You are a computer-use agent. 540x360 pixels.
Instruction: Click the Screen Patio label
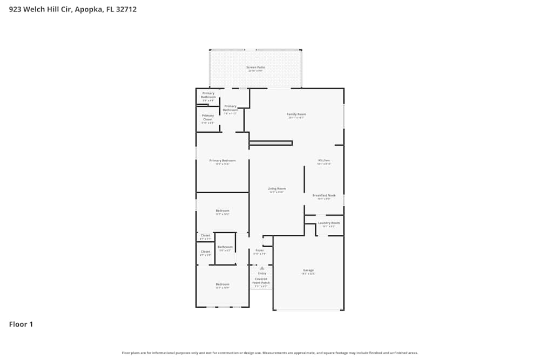(x=255, y=67)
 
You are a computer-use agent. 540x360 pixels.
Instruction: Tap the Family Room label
(x=296, y=114)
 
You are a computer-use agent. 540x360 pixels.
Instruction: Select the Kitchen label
(x=323, y=160)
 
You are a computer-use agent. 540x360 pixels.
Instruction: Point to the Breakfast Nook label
(x=324, y=195)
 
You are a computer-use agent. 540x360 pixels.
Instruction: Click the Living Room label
(x=276, y=188)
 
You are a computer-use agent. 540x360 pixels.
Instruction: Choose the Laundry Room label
(x=328, y=223)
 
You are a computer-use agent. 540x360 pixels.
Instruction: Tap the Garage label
(x=308, y=270)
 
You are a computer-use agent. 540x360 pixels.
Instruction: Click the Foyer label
(x=260, y=250)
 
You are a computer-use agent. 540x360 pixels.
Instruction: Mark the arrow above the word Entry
(x=262, y=268)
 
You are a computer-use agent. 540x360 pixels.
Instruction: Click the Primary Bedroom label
(x=222, y=160)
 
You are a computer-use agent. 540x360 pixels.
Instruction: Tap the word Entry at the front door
(x=262, y=273)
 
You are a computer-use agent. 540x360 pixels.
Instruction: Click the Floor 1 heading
(x=21, y=324)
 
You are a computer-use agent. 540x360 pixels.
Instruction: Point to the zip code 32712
(x=125, y=9)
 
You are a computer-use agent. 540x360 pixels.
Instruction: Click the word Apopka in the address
(x=86, y=9)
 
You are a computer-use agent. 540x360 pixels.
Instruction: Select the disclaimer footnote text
(x=270, y=353)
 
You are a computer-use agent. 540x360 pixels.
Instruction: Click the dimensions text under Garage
(x=308, y=274)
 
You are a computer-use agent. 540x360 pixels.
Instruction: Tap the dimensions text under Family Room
(x=296, y=118)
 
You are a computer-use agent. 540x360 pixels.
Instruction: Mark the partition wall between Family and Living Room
(x=271, y=143)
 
